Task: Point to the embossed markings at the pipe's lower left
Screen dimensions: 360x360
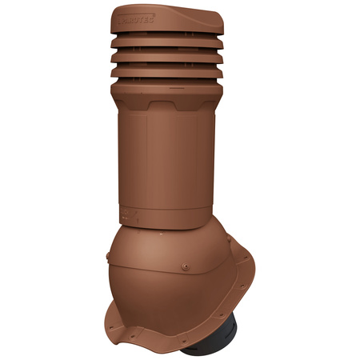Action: (x=128, y=214)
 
